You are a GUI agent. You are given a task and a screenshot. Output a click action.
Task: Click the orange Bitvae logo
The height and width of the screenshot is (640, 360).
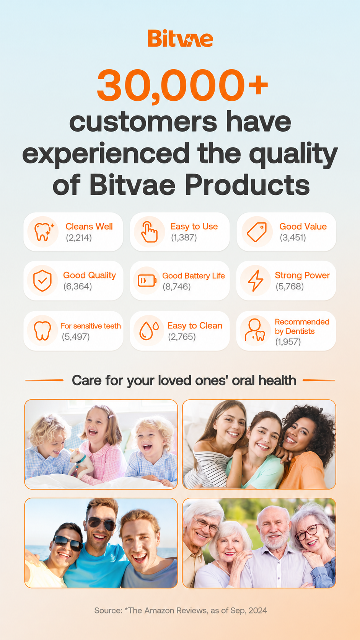coord(180,38)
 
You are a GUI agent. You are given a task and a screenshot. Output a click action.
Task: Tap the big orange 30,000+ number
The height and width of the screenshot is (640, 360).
coord(182,85)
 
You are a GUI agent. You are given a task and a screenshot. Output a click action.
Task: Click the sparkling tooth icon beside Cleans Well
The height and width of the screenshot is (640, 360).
coord(43,232)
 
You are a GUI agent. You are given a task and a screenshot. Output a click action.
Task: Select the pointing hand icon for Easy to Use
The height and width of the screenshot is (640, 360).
coord(149,232)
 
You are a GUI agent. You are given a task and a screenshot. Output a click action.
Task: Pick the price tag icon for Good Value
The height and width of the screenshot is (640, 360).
coord(257,232)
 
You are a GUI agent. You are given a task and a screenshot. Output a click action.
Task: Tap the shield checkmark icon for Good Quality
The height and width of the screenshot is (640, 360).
coord(42,281)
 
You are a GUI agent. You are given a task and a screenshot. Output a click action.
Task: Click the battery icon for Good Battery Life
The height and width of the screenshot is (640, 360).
coord(147,281)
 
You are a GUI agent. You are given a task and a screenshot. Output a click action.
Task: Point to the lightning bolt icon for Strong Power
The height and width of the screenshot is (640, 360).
coord(256,281)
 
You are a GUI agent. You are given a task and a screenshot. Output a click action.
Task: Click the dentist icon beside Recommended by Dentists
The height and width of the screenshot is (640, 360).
coord(255,330)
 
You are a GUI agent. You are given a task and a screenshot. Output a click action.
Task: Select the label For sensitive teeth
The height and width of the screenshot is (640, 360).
coord(91,326)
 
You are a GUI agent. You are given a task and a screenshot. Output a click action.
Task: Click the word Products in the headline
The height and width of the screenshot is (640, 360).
coord(247,185)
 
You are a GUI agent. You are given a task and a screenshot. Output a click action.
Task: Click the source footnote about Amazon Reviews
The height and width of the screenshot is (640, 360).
coord(181,611)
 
